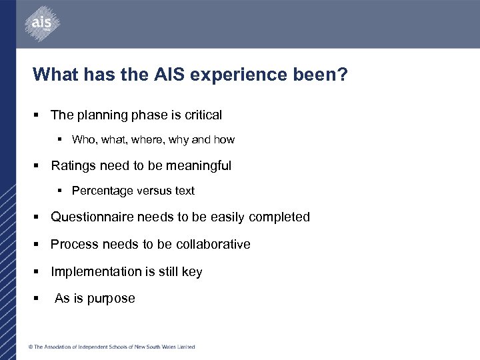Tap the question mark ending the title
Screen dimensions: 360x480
point(342,73)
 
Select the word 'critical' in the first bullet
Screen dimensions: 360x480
point(201,115)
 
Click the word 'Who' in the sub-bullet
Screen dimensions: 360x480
point(83,140)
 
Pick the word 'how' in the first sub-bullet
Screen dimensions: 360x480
point(224,140)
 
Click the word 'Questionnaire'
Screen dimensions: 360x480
point(92,217)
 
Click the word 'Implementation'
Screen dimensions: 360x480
point(95,271)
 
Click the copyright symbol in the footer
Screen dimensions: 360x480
point(31,347)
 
